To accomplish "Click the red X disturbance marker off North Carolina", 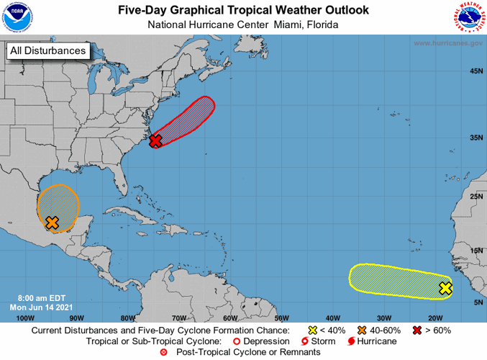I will [155, 140].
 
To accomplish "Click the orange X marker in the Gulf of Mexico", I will [52, 222].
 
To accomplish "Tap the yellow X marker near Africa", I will [445, 289].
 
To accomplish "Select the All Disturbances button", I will [48, 50].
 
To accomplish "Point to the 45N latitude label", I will [475, 71].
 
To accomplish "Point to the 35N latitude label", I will [475, 137].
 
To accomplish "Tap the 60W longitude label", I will [230, 318].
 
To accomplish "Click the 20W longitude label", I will [434, 318].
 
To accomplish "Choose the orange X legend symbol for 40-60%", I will [362, 329].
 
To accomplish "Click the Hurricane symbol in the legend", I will [351, 341].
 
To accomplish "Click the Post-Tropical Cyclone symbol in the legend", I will [163, 352].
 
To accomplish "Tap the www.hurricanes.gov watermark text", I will [447, 43].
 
